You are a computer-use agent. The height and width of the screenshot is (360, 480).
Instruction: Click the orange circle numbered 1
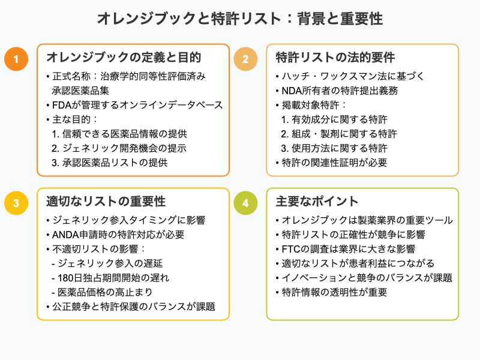click(16, 58)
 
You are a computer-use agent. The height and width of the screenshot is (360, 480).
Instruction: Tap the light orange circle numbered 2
click(245, 58)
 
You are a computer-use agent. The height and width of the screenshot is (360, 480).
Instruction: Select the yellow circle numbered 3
click(16, 203)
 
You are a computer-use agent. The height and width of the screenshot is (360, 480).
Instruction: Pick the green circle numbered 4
click(245, 203)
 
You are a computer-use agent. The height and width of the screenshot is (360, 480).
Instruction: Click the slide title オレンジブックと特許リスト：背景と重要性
click(240, 19)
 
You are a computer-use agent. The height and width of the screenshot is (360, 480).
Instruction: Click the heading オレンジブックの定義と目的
click(124, 58)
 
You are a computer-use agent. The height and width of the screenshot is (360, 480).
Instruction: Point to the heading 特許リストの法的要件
click(335, 58)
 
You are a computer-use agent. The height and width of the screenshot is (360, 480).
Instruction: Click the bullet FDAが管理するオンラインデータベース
click(134, 105)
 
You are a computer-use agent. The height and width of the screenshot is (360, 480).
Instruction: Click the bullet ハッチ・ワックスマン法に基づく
click(344, 76)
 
